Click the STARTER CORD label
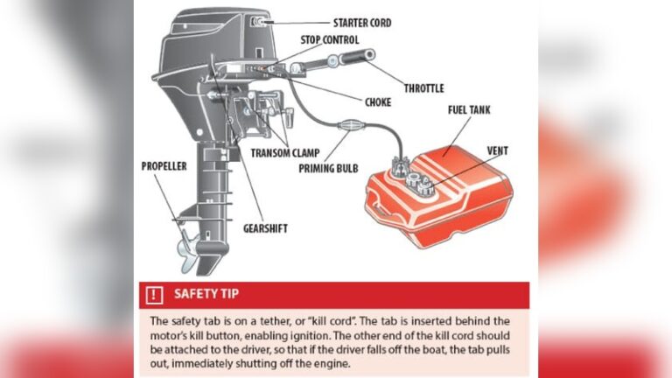[362, 22]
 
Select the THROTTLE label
[423, 87]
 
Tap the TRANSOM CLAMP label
[285, 153]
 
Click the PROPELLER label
[164, 165]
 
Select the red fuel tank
[437, 192]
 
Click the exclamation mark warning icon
[155, 294]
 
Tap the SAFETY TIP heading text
[206, 294]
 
